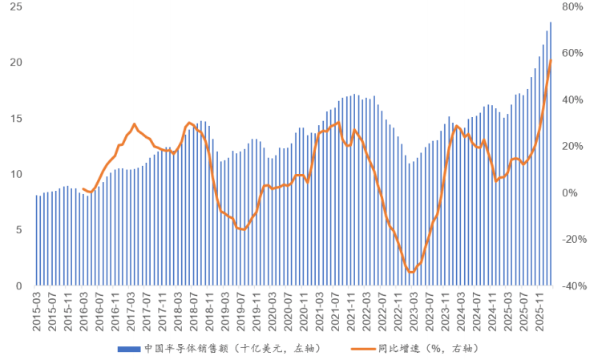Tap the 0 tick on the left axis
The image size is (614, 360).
coord(18,286)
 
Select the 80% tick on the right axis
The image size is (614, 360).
coord(575,7)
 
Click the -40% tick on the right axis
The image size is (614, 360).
coord(577,286)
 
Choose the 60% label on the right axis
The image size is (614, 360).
coord(575,54)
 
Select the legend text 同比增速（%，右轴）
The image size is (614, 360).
coord(433,349)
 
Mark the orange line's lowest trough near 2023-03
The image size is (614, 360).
coord(411,273)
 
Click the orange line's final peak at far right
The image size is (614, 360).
coord(551,60)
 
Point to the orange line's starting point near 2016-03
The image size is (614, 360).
coord(83,188)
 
